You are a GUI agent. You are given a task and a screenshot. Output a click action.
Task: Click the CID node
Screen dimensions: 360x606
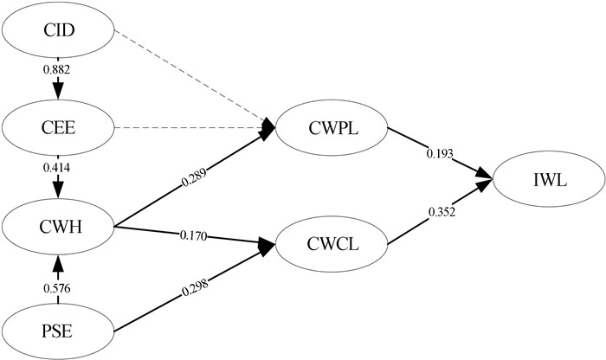point(58,31)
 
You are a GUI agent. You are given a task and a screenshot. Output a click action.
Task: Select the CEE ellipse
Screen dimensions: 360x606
point(58,129)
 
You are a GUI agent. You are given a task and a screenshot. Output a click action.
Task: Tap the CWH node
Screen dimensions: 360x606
point(58,228)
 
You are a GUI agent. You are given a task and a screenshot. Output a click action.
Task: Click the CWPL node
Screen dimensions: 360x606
point(332,129)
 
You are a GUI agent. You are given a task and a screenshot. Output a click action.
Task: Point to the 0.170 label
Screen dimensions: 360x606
point(192,235)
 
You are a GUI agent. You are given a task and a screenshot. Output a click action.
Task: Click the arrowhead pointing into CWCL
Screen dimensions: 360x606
point(268,246)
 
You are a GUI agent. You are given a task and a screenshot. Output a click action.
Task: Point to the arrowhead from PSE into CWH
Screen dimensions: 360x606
point(58,260)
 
